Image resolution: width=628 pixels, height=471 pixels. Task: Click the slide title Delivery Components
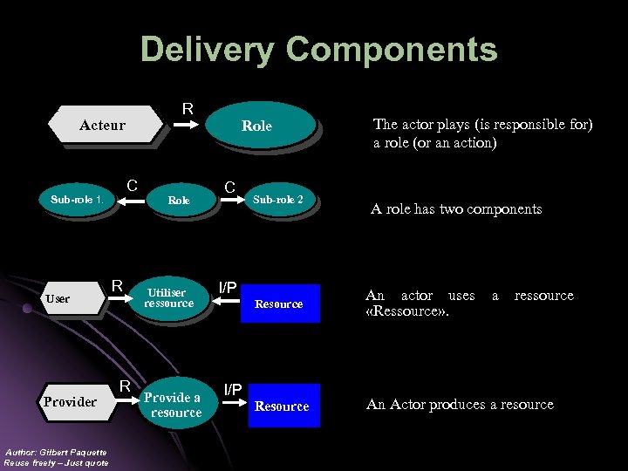318,50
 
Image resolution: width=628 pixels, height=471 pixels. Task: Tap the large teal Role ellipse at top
258,126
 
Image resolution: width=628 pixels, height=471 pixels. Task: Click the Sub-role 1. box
77,200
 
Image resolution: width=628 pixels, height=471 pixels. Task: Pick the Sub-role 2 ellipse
278,200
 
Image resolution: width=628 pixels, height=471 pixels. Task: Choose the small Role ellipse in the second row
179,201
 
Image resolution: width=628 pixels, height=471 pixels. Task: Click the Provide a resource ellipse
173,405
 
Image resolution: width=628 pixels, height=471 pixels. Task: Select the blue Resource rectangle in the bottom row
282,406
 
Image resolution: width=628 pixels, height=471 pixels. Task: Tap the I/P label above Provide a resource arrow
233,389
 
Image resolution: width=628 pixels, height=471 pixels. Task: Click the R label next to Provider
125,386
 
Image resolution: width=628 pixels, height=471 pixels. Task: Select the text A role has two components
456,209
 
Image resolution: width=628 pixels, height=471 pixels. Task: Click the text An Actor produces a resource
460,405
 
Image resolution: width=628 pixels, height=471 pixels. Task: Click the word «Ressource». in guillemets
408,312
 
